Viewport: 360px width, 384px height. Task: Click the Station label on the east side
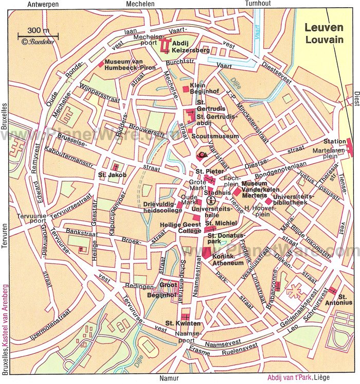pos(334,142)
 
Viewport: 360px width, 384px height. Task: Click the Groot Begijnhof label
pos(168,288)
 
